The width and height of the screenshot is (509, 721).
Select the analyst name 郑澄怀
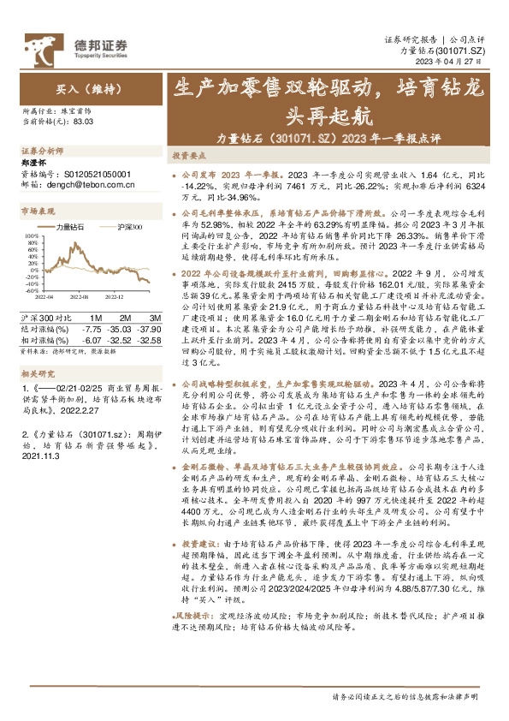tap(34, 161)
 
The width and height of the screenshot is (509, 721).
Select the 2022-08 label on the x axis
tap(80, 296)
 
